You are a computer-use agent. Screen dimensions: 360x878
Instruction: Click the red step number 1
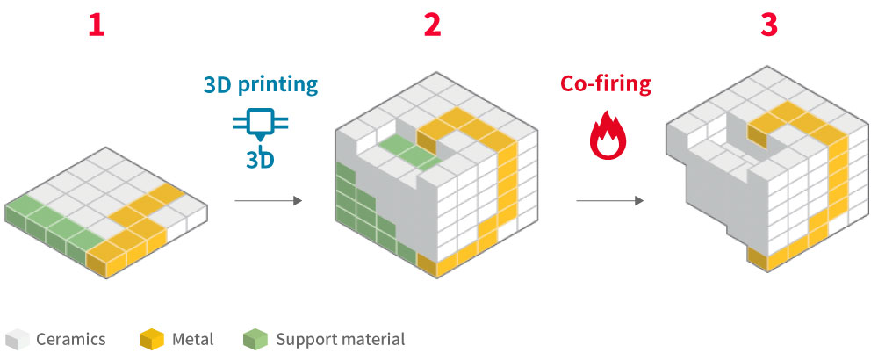click(x=96, y=25)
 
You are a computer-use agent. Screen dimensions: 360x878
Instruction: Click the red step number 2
click(x=432, y=25)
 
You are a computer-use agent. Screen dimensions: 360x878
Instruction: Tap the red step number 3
click(x=769, y=25)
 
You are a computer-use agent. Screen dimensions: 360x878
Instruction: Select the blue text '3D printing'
click(x=261, y=85)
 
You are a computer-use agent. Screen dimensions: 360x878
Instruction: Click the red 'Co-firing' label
click(x=606, y=84)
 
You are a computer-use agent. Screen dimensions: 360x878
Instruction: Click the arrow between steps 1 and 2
click(x=268, y=201)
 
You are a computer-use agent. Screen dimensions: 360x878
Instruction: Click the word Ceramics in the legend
click(x=71, y=339)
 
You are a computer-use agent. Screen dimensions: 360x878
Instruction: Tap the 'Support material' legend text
click(x=341, y=339)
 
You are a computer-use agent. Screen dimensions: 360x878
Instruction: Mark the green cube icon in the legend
click(x=255, y=339)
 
